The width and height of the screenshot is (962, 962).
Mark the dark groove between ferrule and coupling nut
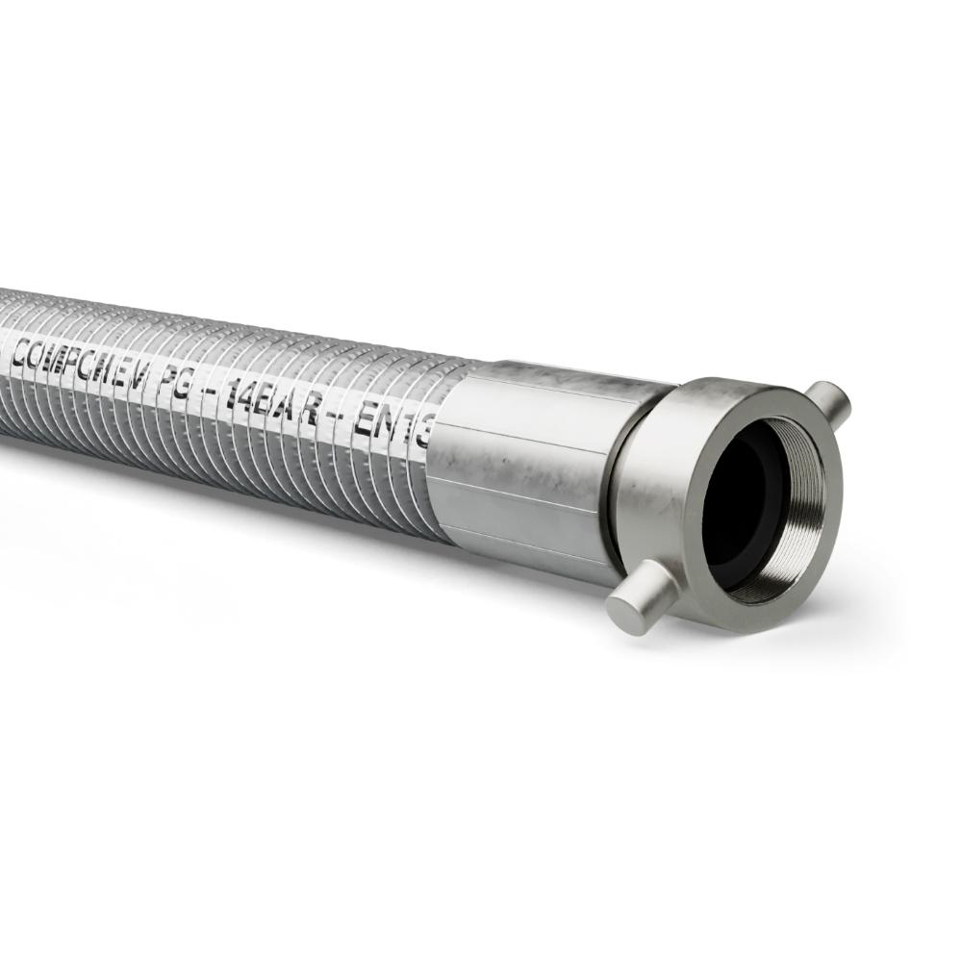[x=616, y=481]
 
